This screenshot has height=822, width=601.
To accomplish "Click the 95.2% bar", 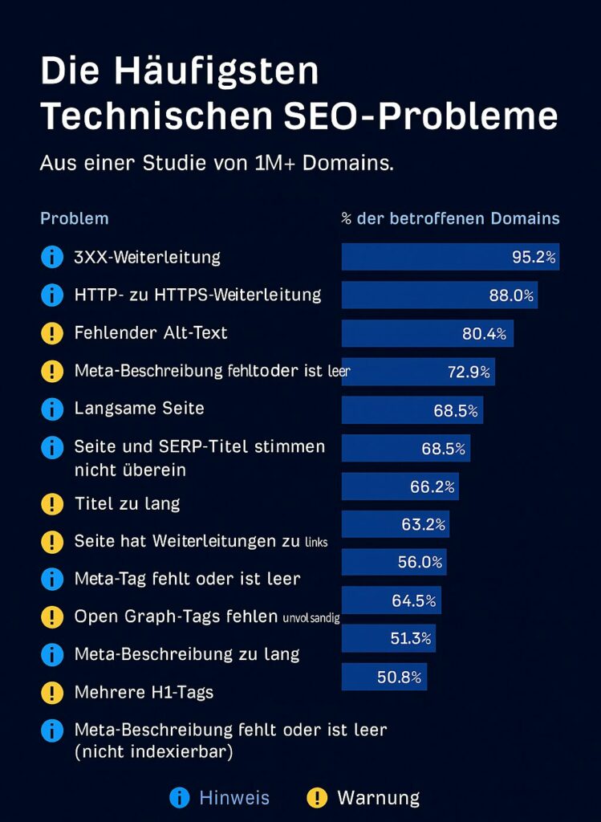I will coord(450,257).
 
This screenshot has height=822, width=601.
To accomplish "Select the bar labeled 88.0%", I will coord(439,295).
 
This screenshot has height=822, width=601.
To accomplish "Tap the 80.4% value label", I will coord(484,333).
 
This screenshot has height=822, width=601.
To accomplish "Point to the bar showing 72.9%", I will coord(418,371).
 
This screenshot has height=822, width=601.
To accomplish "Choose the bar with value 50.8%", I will coord(384,677).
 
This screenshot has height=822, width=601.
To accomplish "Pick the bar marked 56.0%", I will coord(394,562).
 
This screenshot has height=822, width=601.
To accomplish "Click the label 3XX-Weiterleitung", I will coord(147,257).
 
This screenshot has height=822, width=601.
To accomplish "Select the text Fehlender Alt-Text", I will coord(151,332).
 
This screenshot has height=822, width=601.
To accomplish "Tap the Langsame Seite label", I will coord(139,408).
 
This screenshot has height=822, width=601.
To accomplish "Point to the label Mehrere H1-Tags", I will coord(144,692).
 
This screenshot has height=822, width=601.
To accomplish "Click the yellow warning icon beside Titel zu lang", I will coord(51,504).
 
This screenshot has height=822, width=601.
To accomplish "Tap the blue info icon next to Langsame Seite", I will coord(51,409).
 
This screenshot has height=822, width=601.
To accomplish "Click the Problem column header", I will coord(74,218).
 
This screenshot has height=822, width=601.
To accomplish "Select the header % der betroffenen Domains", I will coord(450,218).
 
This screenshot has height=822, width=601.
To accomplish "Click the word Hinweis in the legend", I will coord(234,797).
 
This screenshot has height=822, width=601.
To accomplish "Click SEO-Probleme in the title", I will coord(421,116).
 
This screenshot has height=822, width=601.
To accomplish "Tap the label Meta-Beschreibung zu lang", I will coord(186,653).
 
